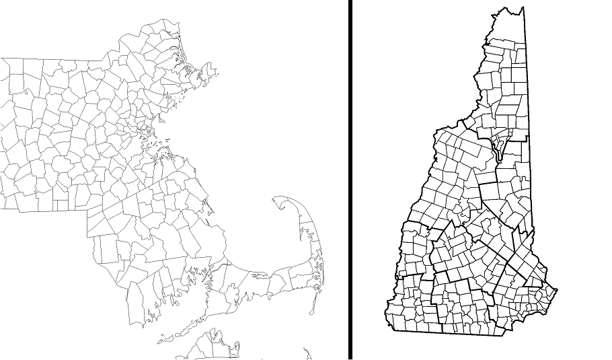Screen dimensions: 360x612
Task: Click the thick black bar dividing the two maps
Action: click(350, 180)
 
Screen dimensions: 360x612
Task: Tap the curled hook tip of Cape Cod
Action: click(278, 200)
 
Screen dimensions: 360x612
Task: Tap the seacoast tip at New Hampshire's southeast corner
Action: click(556, 291)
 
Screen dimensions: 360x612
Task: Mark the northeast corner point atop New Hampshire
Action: click(523, 8)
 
